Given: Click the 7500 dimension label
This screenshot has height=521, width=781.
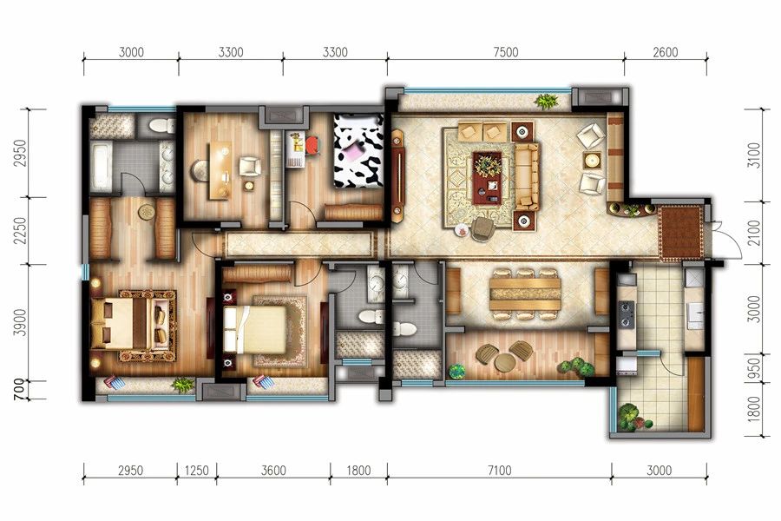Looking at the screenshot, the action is (506, 52).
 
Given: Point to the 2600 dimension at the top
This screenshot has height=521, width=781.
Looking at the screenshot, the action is (665, 52).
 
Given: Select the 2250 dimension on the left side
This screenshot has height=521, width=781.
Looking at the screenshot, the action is (19, 231).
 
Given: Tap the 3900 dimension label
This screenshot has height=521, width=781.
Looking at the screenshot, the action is (19, 322).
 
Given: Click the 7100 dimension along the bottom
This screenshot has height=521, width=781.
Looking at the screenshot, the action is (499, 470).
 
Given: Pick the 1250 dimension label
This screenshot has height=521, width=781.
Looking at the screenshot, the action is (197, 470).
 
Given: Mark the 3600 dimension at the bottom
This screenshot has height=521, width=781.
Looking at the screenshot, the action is (273, 470).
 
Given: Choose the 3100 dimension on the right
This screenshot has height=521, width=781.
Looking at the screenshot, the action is (755, 155).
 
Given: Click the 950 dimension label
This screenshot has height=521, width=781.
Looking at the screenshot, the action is (755, 367).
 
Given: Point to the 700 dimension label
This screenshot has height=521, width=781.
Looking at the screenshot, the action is (19, 389).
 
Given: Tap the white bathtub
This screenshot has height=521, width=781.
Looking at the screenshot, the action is (102, 167).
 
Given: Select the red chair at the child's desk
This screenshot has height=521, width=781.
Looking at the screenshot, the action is (312, 146).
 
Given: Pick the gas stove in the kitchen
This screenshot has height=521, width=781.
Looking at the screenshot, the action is (626, 314).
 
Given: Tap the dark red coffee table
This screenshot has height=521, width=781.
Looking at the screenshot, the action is (488, 178).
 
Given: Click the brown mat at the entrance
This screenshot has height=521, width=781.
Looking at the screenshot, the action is (681, 233).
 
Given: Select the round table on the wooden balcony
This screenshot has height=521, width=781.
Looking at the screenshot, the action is (504, 362).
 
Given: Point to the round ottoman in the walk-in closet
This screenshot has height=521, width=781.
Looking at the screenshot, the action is (147, 213).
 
